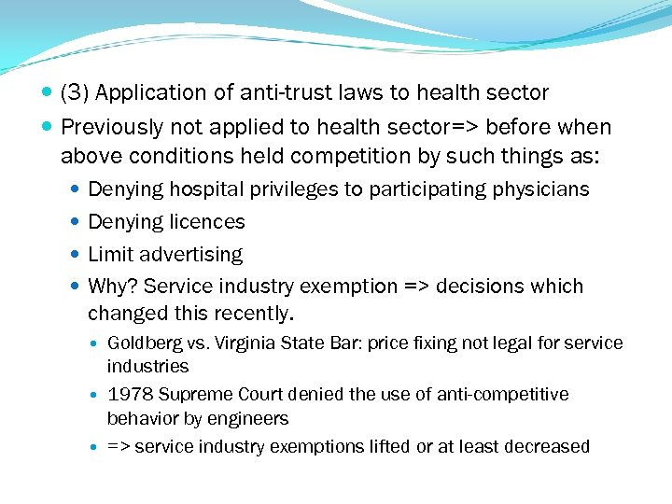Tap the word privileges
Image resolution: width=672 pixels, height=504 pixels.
pos(294,189)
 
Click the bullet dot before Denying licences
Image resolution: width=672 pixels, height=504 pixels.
pos(77,222)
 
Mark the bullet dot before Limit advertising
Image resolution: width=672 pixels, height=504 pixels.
pos(77,255)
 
